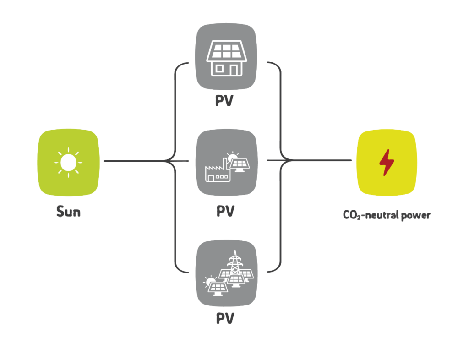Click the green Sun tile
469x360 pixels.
[68, 162]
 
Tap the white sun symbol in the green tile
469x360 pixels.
[68, 162]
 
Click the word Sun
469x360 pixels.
[69, 212]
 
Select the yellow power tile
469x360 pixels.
[387, 163]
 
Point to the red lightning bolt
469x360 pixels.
[387, 163]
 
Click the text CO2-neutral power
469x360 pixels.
[387, 215]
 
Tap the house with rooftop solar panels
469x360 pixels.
[226, 58]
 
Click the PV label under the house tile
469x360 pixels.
[224, 101]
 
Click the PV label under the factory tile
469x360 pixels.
[225, 211]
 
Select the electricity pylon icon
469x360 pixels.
[235, 263]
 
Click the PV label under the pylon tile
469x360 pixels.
[225, 318]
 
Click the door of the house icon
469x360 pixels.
[234, 70]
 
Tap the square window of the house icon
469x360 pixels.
[219, 68]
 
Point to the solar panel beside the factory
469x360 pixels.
[240, 165]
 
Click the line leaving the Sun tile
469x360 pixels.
[135, 161]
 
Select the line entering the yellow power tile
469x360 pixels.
[321, 160]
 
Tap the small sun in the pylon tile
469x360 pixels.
[210, 281]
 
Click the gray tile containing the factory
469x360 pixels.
[226, 163]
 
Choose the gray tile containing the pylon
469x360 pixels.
[226, 273]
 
